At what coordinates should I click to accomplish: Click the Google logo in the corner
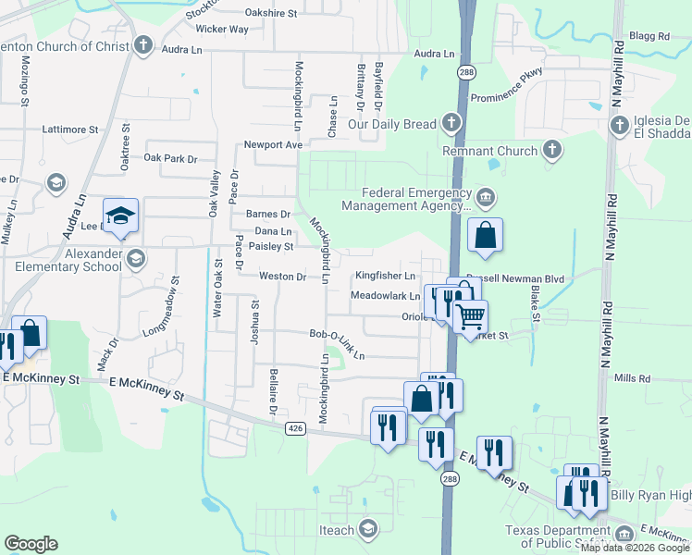[x=31, y=544]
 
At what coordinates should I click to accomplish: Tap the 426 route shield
[x=295, y=427]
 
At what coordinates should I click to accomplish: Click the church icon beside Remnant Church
[x=551, y=151]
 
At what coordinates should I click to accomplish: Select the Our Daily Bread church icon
[x=451, y=123]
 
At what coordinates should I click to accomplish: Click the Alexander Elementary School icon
[x=136, y=258]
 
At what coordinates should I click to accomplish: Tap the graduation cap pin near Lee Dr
[x=120, y=216]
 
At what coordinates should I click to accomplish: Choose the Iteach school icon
[x=368, y=529]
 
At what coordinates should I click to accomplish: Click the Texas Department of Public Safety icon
[x=624, y=535]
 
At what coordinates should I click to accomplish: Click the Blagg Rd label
[x=649, y=36]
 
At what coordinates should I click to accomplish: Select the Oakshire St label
[x=270, y=13]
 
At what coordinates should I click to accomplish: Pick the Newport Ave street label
[x=274, y=144]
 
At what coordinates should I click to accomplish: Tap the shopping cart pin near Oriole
[x=471, y=317]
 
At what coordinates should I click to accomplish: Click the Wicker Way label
[x=222, y=29]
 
